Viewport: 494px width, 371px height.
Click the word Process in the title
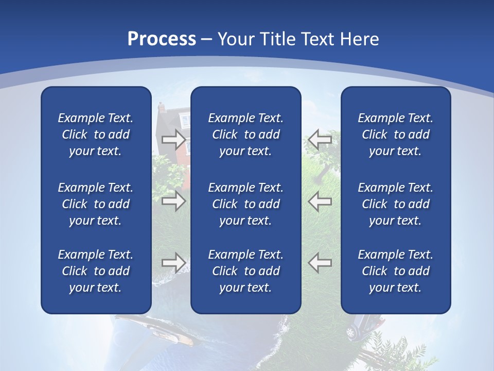click(x=162, y=39)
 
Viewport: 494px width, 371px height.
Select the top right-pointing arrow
click(x=173, y=139)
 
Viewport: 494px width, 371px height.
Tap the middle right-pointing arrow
click(x=173, y=201)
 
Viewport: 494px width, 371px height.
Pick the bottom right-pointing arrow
click(x=173, y=263)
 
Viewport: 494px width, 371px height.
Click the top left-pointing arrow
click(x=320, y=139)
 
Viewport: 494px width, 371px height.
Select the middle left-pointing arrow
click(x=320, y=201)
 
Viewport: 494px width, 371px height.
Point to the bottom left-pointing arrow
click(x=320, y=263)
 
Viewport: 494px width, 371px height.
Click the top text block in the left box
click(x=96, y=134)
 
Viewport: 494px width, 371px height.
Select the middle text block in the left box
click(x=96, y=204)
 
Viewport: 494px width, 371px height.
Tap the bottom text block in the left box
click(x=96, y=271)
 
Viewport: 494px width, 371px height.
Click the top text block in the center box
click(x=246, y=134)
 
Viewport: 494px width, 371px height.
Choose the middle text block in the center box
click(x=246, y=204)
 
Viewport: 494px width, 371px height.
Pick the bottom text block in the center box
click(x=246, y=271)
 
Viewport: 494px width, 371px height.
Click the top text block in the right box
click(x=396, y=134)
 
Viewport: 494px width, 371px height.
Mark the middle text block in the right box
click(x=396, y=204)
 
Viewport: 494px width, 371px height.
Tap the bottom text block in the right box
click(x=396, y=271)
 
